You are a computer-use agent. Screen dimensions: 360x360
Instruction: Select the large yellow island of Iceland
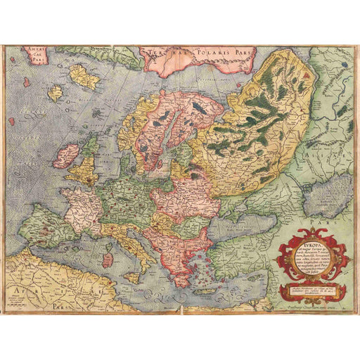tap(84, 78)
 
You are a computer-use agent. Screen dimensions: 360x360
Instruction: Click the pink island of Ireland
tap(66, 155)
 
